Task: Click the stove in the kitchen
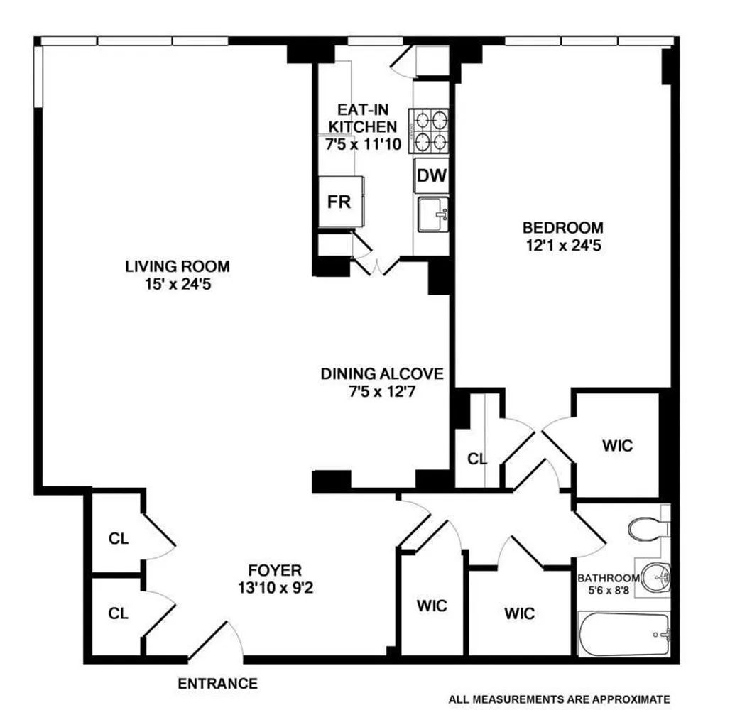tap(429, 131)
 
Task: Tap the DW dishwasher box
tap(432, 175)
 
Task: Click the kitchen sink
tap(433, 214)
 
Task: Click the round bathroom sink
tap(655, 577)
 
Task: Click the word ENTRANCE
tap(217, 684)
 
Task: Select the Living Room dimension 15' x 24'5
tap(178, 284)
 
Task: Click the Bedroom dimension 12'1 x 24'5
tap(563, 246)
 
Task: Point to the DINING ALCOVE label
tap(382, 374)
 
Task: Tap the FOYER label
tap(275, 570)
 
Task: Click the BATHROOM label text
tap(609, 578)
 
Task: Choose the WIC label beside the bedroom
tap(618, 446)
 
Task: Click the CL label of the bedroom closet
tap(477, 459)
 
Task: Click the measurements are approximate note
tap(559, 699)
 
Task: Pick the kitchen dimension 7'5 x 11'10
tap(363, 144)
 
